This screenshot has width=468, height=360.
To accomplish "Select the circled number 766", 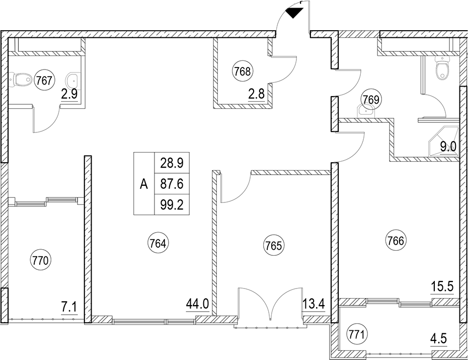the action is [x=396, y=241].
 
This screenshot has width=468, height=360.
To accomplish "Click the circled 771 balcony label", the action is [x=357, y=335].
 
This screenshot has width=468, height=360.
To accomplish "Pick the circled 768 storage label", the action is [x=243, y=71].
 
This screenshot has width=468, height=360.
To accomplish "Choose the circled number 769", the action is [x=371, y=99].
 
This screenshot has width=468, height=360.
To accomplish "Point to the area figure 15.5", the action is [x=442, y=287].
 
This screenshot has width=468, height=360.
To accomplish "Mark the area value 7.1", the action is [x=69, y=307].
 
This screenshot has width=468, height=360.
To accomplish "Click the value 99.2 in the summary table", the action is [x=172, y=205].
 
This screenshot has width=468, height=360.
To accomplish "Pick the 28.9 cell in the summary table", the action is [x=172, y=163].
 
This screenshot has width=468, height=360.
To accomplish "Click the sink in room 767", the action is [x=71, y=80].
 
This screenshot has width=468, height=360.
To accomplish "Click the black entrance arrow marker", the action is [x=294, y=13].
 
